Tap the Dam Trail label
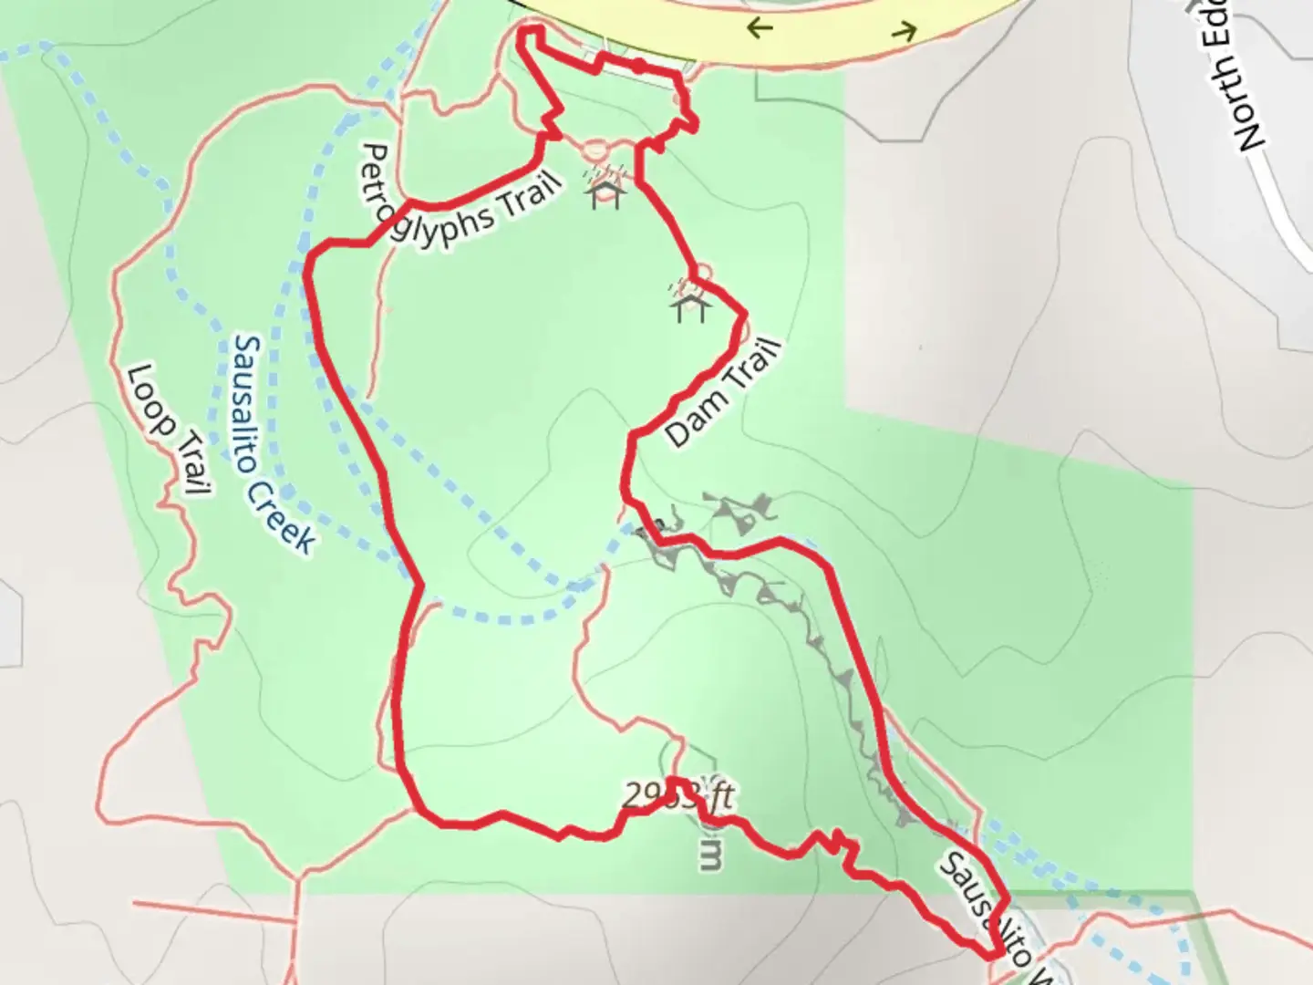pyautogui.click(x=723, y=392)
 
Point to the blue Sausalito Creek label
pyautogui.click(x=273, y=445)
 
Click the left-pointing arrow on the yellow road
pyautogui.click(x=759, y=28)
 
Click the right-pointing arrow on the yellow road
pyautogui.click(x=904, y=34)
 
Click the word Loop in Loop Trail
pyautogui.click(x=150, y=399)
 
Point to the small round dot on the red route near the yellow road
pyautogui.click(x=639, y=65)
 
